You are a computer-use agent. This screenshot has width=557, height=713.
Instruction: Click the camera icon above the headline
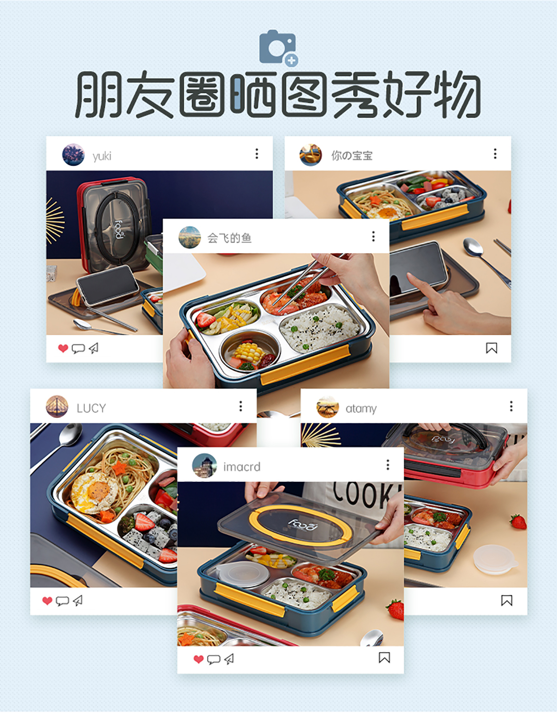(x=278, y=48)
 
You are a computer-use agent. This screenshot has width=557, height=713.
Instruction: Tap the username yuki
(x=102, y=156)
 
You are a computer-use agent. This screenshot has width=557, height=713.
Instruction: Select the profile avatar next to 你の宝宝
(x=311, y=155)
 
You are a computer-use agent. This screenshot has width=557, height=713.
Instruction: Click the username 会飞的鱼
(x=229, y=238)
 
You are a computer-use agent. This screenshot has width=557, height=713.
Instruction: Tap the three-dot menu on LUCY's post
(x=240, y=406)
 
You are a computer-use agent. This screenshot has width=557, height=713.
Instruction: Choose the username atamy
(x=361, y=408)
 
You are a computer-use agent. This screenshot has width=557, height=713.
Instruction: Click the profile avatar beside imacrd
(x=204, y=466)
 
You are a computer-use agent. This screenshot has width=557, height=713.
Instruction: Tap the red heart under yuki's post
(x=63, y=348)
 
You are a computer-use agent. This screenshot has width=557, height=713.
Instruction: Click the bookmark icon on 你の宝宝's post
(x=492, y=348)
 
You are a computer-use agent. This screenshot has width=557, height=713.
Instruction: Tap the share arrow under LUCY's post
(x=78, y=601)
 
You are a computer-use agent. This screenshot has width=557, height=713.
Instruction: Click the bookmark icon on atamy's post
(x=507, y=601)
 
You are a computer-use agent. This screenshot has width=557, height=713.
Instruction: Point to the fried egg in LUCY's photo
(x=95, y=492)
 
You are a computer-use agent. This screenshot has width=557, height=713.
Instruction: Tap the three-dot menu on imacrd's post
(x=388, y=465)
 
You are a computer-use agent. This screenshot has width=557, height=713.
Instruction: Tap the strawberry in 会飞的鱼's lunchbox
(x=205, y=319)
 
